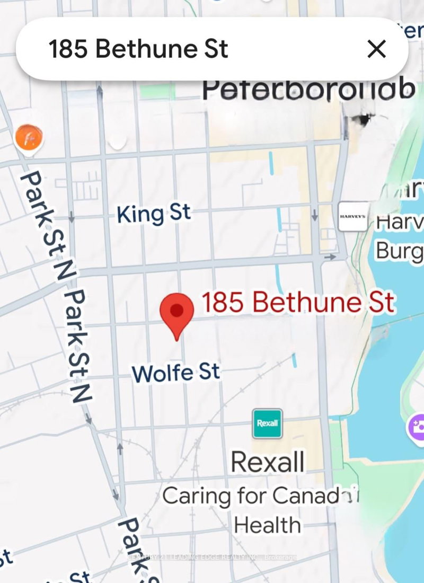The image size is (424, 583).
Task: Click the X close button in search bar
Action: pyautogui.click(x=376, y=49)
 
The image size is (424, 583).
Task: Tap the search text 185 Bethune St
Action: pyautogui.click(x=138, y=49)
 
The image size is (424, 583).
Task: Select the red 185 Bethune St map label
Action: pyautogui.click(x=298, y=303)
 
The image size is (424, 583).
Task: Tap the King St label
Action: pyautogui.click(x=154, y=214)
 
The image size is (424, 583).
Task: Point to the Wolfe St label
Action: pyautogui.click(x=175, y=372)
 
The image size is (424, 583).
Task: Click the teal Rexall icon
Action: pyautogui.click(x=268, y=423)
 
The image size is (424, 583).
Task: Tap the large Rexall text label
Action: pyautogui.click(x=268, y=462)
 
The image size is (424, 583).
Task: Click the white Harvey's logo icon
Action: pyautogui.click(x=353, y=216)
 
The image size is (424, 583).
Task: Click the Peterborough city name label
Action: pyautogui.click(x=308, y=90)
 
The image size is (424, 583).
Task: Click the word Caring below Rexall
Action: pyautogui.click(x=197, y=497)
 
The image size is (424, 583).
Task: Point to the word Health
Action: pyautogui.click(x=268, y=525)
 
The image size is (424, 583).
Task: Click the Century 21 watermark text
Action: pyautogui.click(x=212, y=557)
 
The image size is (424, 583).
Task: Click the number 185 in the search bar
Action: pyautogui.click(x=69, y=49)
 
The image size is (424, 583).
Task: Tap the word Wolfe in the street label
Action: pyautogui.click(x=155, y=373)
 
